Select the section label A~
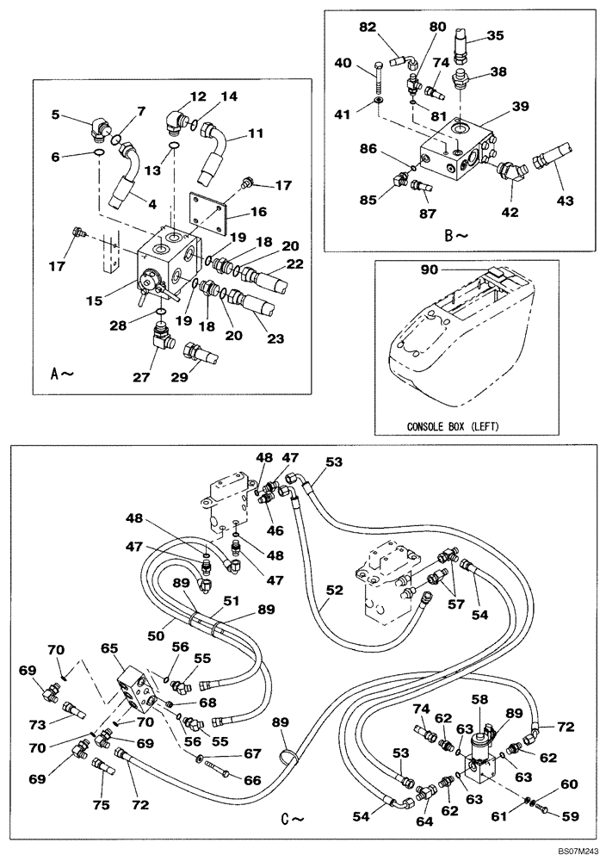pos(62,375)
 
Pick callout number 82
pos(368,28)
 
